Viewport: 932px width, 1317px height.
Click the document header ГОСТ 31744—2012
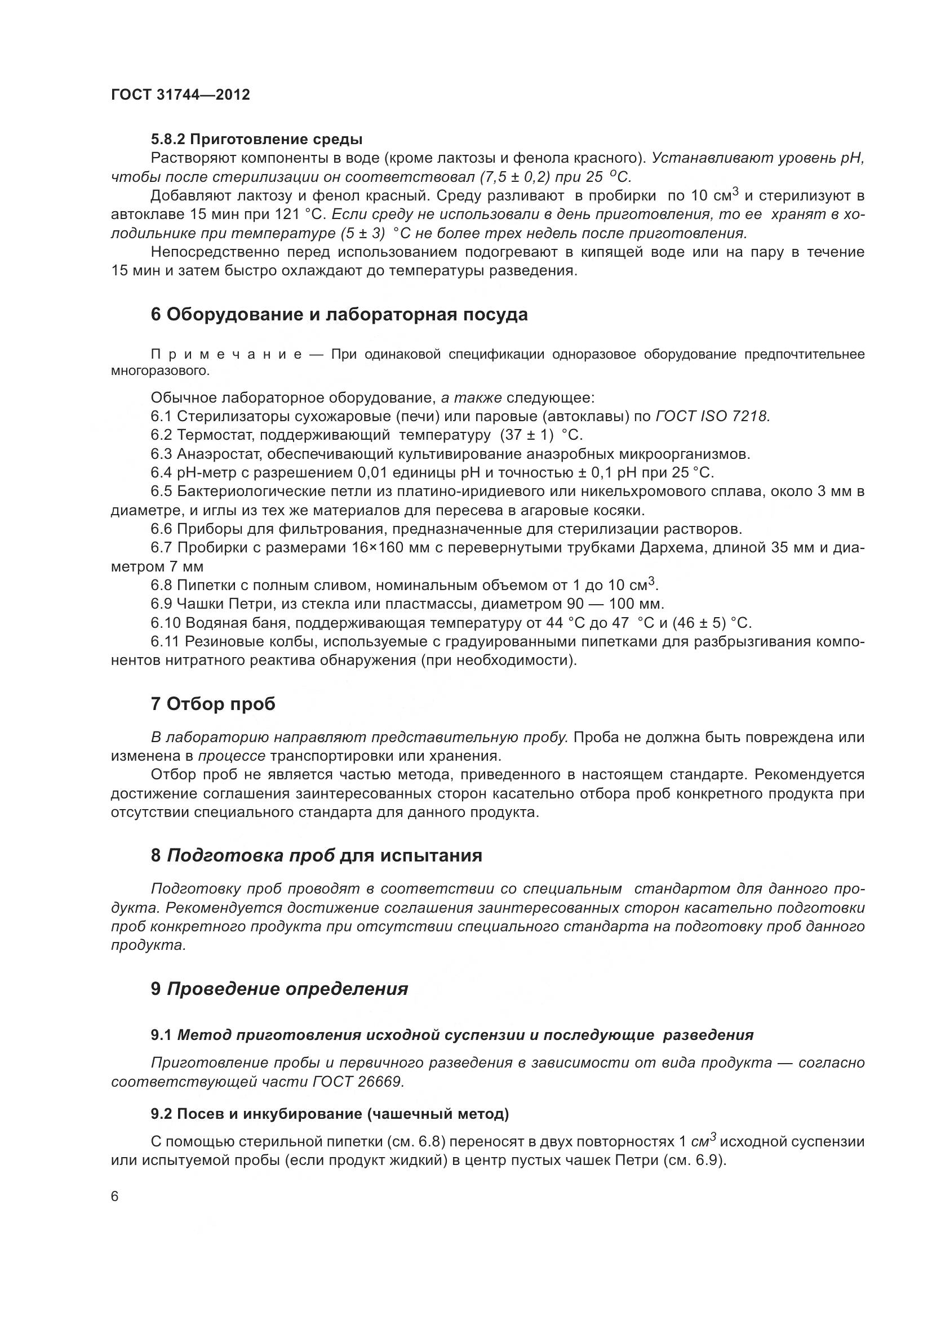(x=181, y=95)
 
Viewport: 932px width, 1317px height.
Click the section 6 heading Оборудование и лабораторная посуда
(x=339, y=314)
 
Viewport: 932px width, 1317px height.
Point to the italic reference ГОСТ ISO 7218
(x=712, y=417)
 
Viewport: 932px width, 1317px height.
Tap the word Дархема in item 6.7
(x=674, y=548)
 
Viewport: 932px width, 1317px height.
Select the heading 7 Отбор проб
(x=213, y=704)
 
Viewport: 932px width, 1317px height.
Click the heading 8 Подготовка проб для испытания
(x=316, y=856)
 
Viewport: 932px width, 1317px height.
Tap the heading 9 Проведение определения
(x=279, y=989)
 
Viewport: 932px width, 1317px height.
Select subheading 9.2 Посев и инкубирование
(x=330, y=1114)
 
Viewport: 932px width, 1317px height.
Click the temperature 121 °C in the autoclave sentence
(x=303, y=215)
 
